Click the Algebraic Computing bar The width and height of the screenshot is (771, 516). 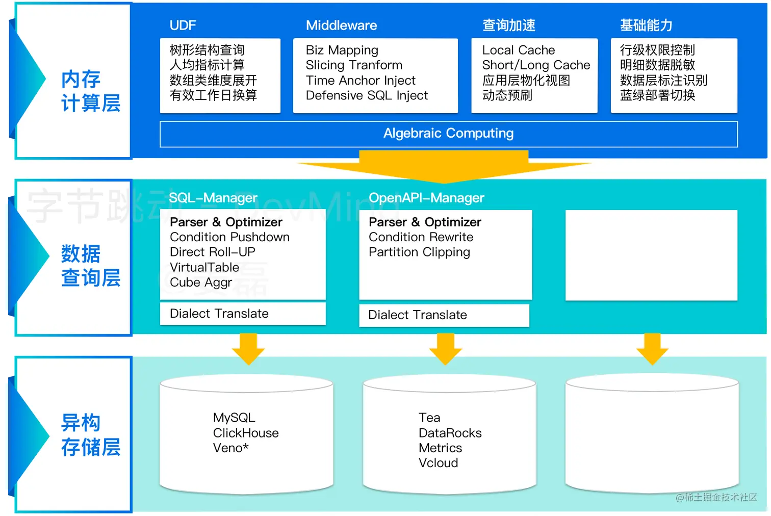[x=448, y=134]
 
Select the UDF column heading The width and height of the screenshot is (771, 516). [x=183, y=25]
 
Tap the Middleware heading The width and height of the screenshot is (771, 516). [x=341, y=25]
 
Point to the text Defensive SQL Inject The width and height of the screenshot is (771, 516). [x=367, y=95]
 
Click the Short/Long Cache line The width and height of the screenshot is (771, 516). [x=536, y=65]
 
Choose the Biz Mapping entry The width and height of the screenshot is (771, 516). [x=342, y=50]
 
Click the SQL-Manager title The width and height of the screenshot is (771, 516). [x=213, y=198]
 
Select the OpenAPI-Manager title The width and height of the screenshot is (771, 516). [x=426, y=198]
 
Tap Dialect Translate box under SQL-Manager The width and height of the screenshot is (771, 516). [x=243, y=314]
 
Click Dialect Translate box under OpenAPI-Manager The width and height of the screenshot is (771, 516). [x=444, y=315]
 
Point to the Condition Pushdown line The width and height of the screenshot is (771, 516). [x=229, y=237]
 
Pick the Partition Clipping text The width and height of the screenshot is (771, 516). [x=419, y=252]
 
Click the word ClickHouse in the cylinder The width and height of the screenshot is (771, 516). [x=246, y=433]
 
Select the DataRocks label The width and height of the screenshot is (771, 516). [x=450, y=433]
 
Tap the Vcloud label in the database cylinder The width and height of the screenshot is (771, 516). [x=438, y=463]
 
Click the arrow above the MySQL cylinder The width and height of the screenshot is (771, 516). [x=248, y=349]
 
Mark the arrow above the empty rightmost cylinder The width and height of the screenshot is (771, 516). [x=652, y=349]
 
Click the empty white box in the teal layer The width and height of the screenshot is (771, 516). [x=651, y=255]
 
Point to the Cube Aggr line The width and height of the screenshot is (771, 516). [x=201, y=282]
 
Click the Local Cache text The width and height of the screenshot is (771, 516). [x=518, y=50]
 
